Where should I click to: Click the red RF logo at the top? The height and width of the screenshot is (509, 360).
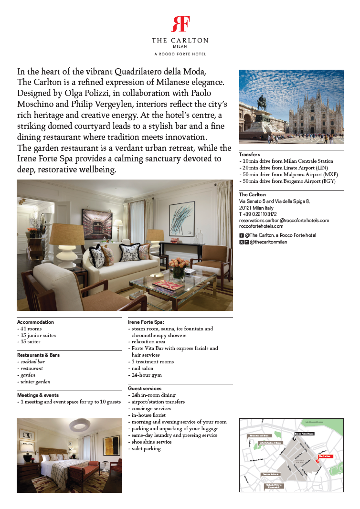coord(180,24)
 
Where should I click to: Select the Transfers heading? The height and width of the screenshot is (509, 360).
coord(250,155)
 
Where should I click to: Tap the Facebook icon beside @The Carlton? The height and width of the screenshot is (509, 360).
coord(241,235)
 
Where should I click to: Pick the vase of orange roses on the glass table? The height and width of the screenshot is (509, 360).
coord(178,267)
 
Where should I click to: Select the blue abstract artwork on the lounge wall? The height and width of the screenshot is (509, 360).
coord(181,219)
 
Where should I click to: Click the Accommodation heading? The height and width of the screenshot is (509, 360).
coord(35,322)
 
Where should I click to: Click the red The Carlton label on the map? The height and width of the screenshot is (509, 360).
coord(325,456)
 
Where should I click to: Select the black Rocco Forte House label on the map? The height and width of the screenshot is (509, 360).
coord(304,434)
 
